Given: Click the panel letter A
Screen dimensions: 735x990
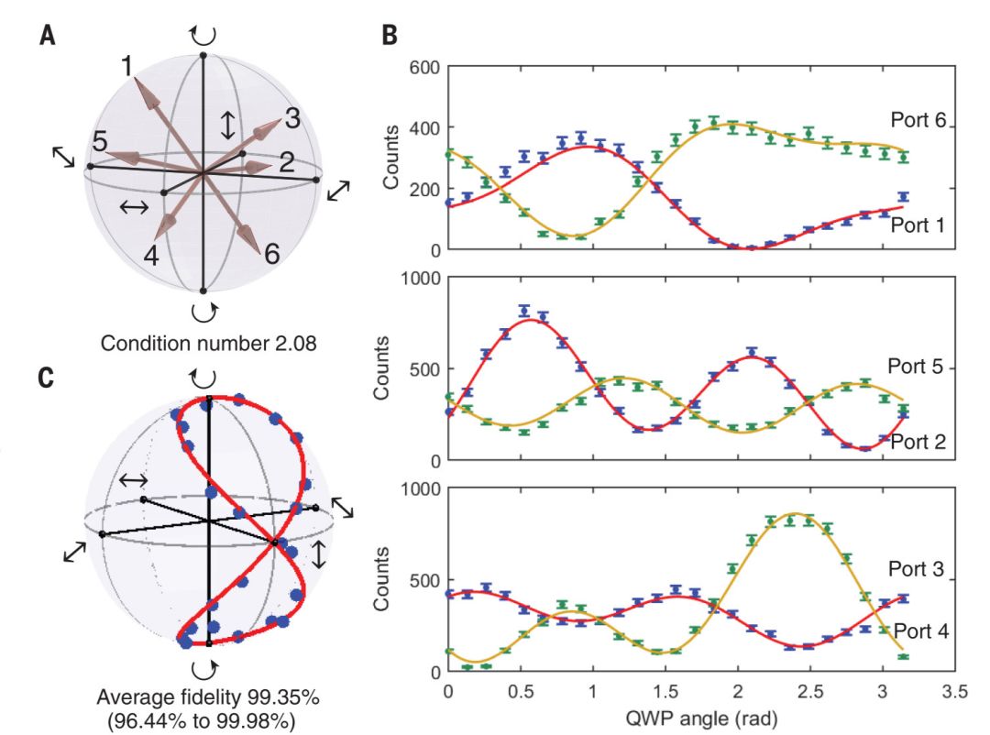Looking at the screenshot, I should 48,37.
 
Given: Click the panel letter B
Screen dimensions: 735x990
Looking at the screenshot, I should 390,37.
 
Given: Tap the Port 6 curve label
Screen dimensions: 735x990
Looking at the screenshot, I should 920,120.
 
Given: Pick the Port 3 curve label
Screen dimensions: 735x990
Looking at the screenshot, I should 917,569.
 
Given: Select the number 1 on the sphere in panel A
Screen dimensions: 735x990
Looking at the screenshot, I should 126,66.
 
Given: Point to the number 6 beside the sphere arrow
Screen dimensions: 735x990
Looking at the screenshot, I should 271,253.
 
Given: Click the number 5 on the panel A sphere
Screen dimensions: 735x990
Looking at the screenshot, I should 100,141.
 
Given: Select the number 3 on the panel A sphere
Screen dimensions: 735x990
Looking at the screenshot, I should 292,117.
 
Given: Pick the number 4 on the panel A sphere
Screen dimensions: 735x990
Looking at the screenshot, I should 150,255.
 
